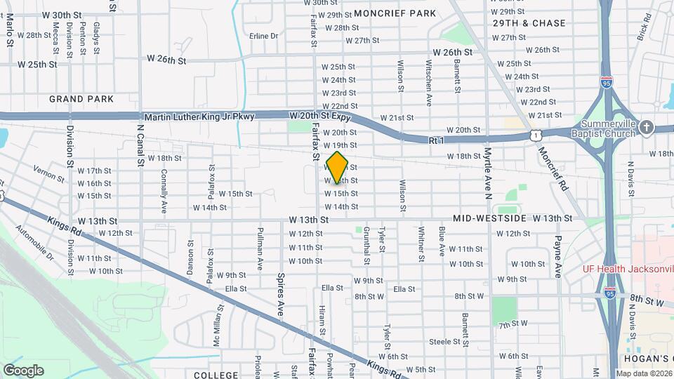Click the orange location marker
click(x=337, y=167)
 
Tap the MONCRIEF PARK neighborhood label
click(x=395, y=13)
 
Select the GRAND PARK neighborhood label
click(x=81, y=99)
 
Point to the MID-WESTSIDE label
click(x=489, y=219)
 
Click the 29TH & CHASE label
click(x=529, y=23)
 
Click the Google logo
click(x=23, y=370)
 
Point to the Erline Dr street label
click(x=263, y=36)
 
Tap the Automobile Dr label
click(x=34, y=241)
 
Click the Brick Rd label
click(x=643, y=30)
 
